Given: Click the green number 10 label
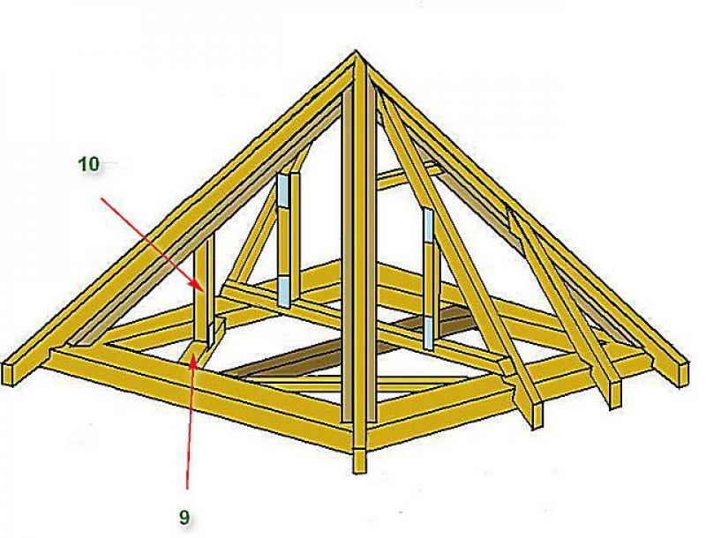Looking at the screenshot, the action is pyautogui.click(x=89, y=164).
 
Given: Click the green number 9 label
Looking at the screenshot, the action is pyautogui.click(x=184, y=518).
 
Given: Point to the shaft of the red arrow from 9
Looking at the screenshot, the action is pyautogui.click(x=191, y=422).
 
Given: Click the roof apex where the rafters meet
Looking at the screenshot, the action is pyautogui.click(x=356, y=53).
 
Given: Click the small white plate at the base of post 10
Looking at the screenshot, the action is pyautogui.click(x=210, y=333).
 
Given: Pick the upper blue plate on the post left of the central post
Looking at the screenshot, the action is pyautogui.click(x=282, y=190).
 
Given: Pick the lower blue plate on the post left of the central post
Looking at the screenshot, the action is pyautogui.click(x=284, y=290).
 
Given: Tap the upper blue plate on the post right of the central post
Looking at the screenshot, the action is pyautogui.click(x=428, y=226).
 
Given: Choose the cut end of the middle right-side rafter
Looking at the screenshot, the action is pyautogui.click(x=615, y=393).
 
